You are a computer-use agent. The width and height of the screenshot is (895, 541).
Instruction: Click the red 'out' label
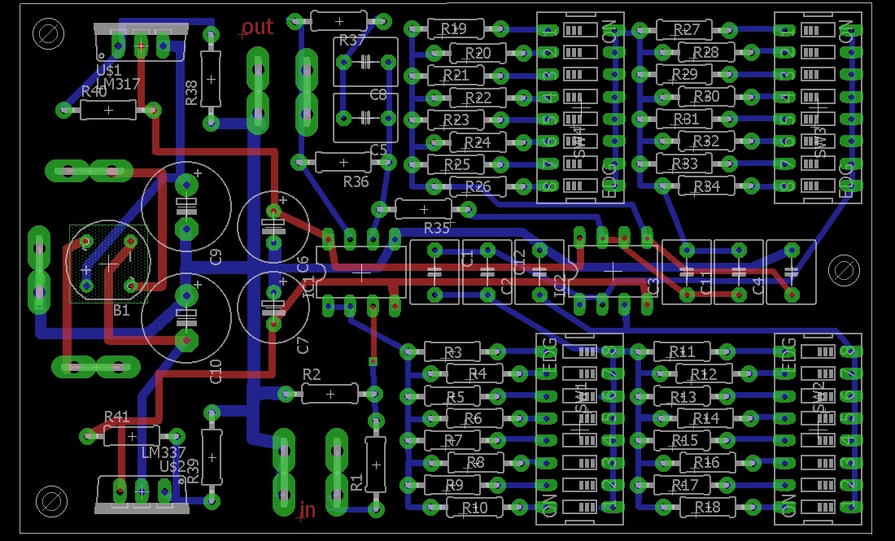(257, 28)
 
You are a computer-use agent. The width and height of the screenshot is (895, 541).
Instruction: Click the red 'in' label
(308, 510)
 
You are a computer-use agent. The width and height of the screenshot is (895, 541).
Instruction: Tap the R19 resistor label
(454, 29)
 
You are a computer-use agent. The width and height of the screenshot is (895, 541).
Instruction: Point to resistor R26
(478, 186)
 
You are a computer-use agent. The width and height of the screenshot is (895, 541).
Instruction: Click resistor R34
(706, 186)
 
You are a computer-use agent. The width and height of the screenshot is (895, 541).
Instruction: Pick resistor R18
(705, 507)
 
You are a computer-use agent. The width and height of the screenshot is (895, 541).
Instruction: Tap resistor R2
(330, 394)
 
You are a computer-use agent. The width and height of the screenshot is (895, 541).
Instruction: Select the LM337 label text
(163, 452)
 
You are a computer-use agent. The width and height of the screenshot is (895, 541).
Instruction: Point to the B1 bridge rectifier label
(121, 310)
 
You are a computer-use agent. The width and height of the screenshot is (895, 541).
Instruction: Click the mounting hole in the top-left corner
(48, 34)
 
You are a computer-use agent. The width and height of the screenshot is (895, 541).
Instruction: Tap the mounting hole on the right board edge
(843, 270)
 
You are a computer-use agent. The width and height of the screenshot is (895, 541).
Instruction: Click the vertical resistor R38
(211, 79)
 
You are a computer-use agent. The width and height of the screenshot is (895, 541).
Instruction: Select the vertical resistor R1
(375, 465)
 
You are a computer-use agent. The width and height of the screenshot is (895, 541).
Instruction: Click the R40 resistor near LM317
(107, 110)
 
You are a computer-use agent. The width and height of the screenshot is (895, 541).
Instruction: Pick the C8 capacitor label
(378, 94)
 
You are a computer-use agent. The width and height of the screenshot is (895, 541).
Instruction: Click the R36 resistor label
(356, 181)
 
